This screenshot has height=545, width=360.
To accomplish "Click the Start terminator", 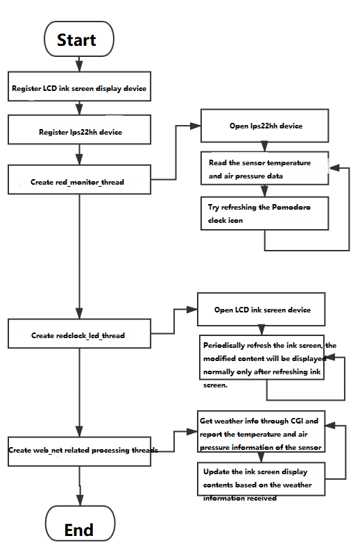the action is tap(79, 39).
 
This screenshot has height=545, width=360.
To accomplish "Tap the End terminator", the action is tap(80, 523).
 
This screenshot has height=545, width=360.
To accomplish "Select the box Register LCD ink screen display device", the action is tap(79, 87).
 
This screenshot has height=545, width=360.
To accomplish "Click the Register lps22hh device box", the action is tap(79, 130).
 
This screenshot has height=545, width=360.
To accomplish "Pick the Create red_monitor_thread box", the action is tap(79, 179).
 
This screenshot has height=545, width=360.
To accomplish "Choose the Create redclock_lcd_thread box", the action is tap(79, 333).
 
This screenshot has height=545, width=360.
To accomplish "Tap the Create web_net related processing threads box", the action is tap(79, 451).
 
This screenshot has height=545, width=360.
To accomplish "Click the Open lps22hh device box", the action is tap(264, 126).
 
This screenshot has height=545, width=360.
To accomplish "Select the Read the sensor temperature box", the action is tap(264, 168).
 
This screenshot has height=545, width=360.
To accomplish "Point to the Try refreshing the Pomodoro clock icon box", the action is tap(264, 213).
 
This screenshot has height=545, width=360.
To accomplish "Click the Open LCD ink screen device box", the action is tap(261, 309).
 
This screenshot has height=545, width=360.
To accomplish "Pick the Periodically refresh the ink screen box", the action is tap(262, 358).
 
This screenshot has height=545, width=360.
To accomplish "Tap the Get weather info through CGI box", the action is tap(261, 431).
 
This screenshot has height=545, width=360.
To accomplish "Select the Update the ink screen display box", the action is tap(261, 478).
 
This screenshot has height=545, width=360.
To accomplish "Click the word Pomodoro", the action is tap(291, 207).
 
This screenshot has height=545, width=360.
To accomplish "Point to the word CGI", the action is tap(297, 421).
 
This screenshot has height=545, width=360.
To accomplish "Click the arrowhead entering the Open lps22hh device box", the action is tap(196, 126).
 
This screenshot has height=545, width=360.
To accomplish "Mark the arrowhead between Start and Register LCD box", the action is tap(79, 67).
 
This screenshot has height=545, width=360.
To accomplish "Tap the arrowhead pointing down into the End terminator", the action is tap(80, 500).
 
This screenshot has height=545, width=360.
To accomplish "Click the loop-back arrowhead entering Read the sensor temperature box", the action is tap(334, 168).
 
